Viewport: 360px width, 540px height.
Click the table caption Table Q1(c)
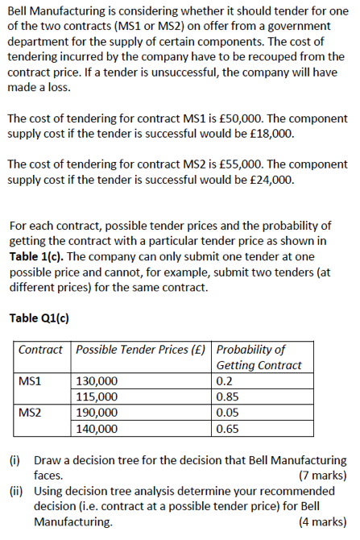pyautogui.click(x=39, y=318)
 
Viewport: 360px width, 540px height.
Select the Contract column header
pyautogui.click(x=40, y=350)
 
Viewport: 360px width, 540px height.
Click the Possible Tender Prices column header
pyautogui.click(x=141, y=350)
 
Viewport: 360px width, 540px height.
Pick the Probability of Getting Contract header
pyautogui.click(x=259, y=357)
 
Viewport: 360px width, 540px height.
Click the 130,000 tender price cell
pyautogui.click(x=96, y=380)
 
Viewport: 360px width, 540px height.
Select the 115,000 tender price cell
pyautogui.click(x=96, y=397)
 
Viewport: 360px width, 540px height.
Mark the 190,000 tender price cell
pyautogui.click(x=96, y=412)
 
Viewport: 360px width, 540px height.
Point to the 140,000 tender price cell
pyautogui.click(x=96, y=428)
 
